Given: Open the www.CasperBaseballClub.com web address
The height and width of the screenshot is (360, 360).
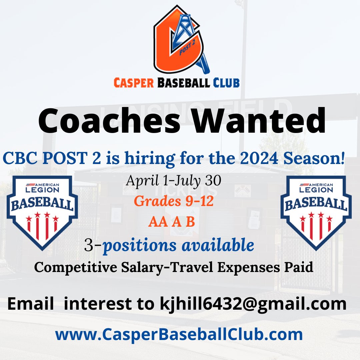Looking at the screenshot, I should [179, 334].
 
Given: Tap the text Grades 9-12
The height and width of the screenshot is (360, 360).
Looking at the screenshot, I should [173, 201].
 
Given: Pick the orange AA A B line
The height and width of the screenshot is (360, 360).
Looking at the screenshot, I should [172, 222].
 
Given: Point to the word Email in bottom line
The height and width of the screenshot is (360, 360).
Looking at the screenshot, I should [30, 304].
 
